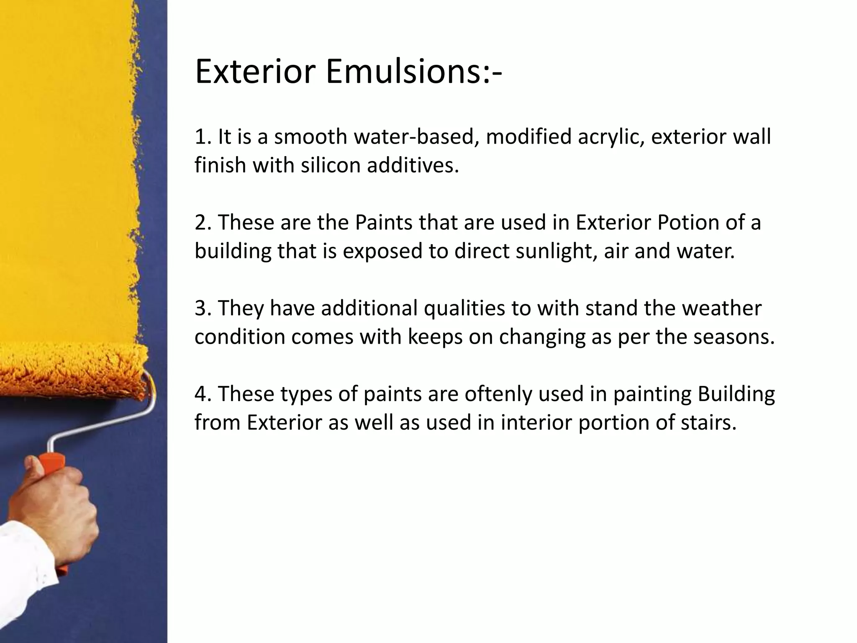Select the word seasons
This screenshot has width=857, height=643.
pyautogui.click(x=734, y=337)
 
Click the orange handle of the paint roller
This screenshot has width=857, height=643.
pyautogui.click(x=52, y=502)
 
